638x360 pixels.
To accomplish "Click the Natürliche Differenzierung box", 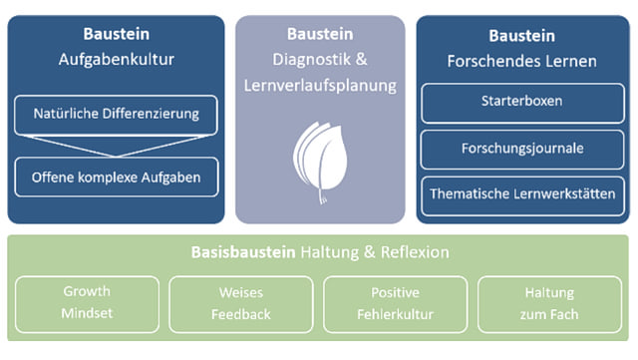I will point(116,114).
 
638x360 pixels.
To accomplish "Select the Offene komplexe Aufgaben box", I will point(116,179).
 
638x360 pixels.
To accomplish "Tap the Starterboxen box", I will point(523,102).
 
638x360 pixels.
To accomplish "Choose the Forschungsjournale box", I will point(523,148).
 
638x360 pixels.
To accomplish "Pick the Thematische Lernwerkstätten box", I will point(523,193).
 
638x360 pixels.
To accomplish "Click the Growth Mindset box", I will point(87,303).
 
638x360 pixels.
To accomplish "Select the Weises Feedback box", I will point(240,303).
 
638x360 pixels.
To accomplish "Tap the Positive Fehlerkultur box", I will point(395,303).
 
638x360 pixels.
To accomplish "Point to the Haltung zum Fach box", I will point(550,303).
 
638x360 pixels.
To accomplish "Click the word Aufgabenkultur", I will point(117,60).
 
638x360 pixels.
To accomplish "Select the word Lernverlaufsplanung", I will point(320,87).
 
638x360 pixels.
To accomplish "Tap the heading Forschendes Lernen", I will point(523,61).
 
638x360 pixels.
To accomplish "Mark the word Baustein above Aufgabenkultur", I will point(117,34).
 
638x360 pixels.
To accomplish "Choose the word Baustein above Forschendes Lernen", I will point(523,34).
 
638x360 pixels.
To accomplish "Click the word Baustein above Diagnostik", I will point(320,34).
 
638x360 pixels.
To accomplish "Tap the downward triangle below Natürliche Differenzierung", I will point(116,146).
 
